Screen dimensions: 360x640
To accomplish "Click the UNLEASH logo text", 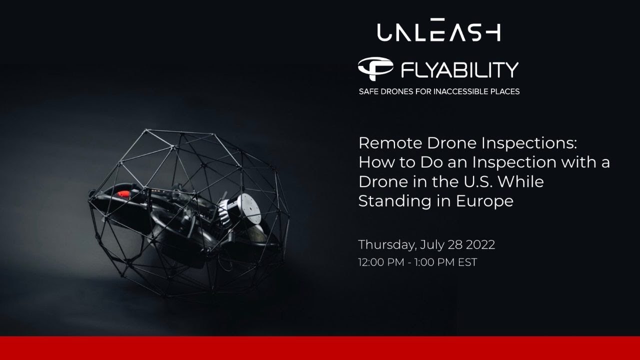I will (438, 31).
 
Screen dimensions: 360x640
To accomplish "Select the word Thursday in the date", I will (386, 245).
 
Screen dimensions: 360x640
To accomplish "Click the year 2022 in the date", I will (480, 245).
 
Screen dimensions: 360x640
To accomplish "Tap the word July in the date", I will (432, 245).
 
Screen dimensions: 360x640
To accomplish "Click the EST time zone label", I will (467, 262).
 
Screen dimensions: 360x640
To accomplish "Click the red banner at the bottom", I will (320, 348).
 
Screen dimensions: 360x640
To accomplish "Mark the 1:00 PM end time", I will (433, 262).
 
